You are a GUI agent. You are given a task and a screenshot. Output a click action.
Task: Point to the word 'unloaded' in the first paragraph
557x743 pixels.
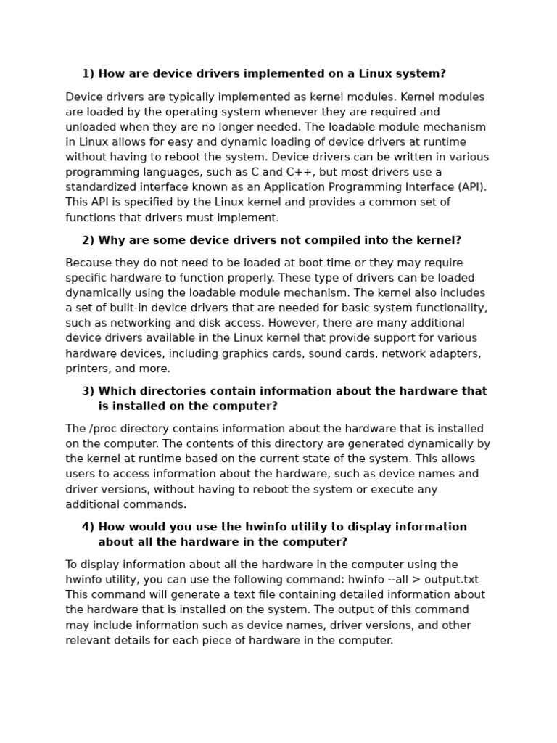pyautogui.click(x=89, y=127)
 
